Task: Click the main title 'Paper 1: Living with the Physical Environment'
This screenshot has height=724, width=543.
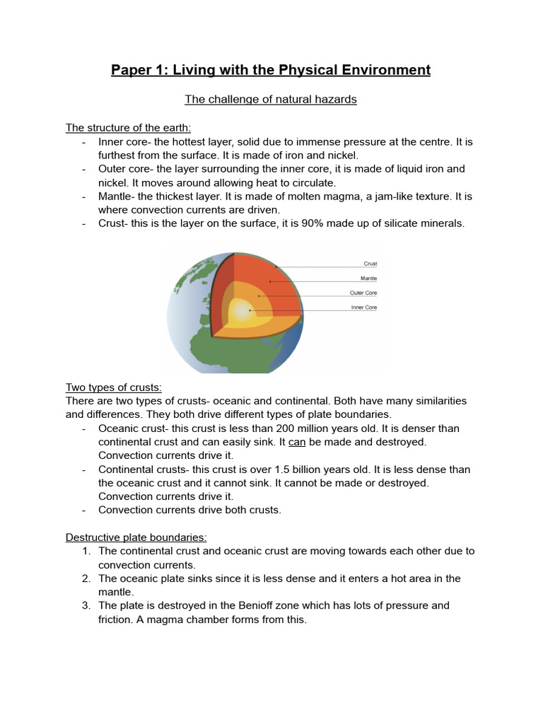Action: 271,70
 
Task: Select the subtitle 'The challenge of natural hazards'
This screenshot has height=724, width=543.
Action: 271,100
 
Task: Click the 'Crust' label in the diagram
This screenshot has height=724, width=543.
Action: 370,264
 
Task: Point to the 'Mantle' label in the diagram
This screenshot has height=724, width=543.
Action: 368,279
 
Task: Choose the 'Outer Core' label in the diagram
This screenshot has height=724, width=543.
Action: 363,293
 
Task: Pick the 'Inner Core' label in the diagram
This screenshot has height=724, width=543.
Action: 364,308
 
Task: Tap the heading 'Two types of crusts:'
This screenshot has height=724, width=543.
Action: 114,387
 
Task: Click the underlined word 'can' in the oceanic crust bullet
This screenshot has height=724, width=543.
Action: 297,442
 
